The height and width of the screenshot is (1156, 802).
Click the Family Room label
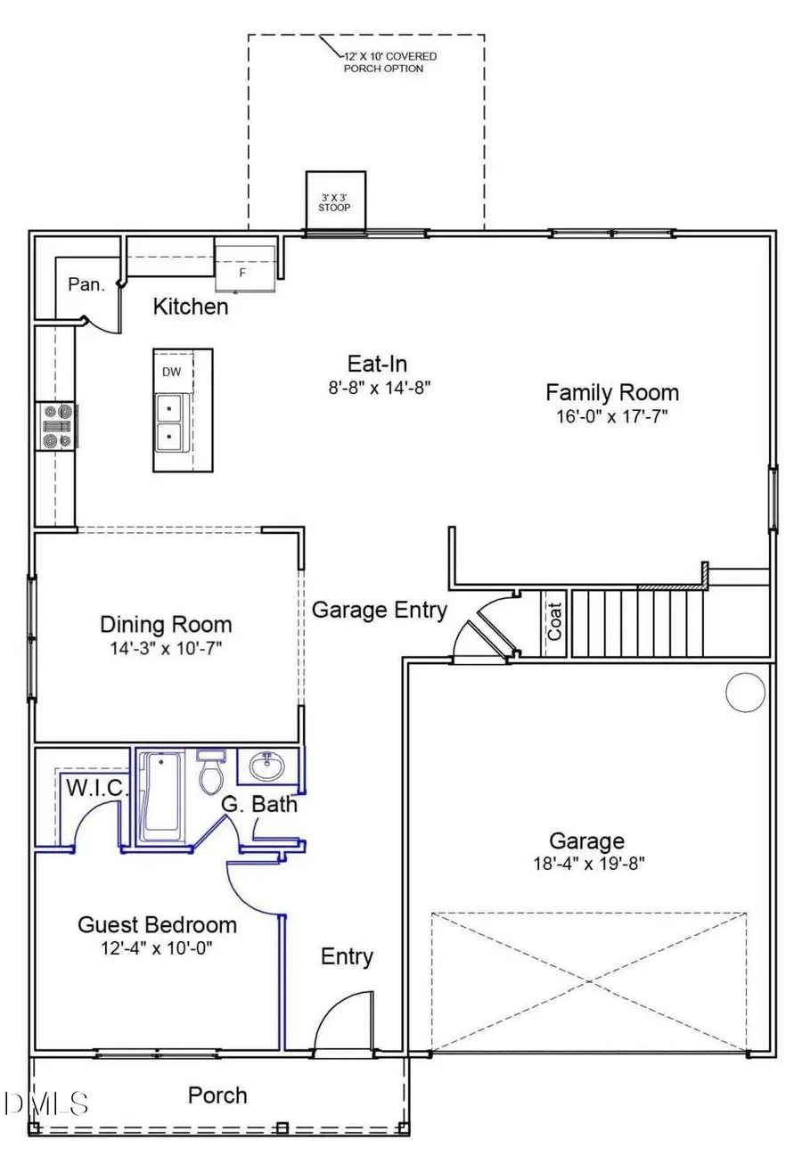coord(611,392)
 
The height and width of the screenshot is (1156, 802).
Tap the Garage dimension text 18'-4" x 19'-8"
coord(585,863)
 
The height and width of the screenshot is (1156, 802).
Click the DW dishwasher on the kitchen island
coord(171,373)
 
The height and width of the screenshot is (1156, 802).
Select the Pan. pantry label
coord(86,285)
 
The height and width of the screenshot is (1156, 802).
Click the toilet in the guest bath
coord(212,772)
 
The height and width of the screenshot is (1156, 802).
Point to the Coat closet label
coord(554,622)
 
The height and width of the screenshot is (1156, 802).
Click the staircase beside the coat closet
coord(637,623)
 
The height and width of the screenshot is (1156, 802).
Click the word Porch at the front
coord(217,1095)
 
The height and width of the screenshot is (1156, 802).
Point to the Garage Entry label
coord(379,610)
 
